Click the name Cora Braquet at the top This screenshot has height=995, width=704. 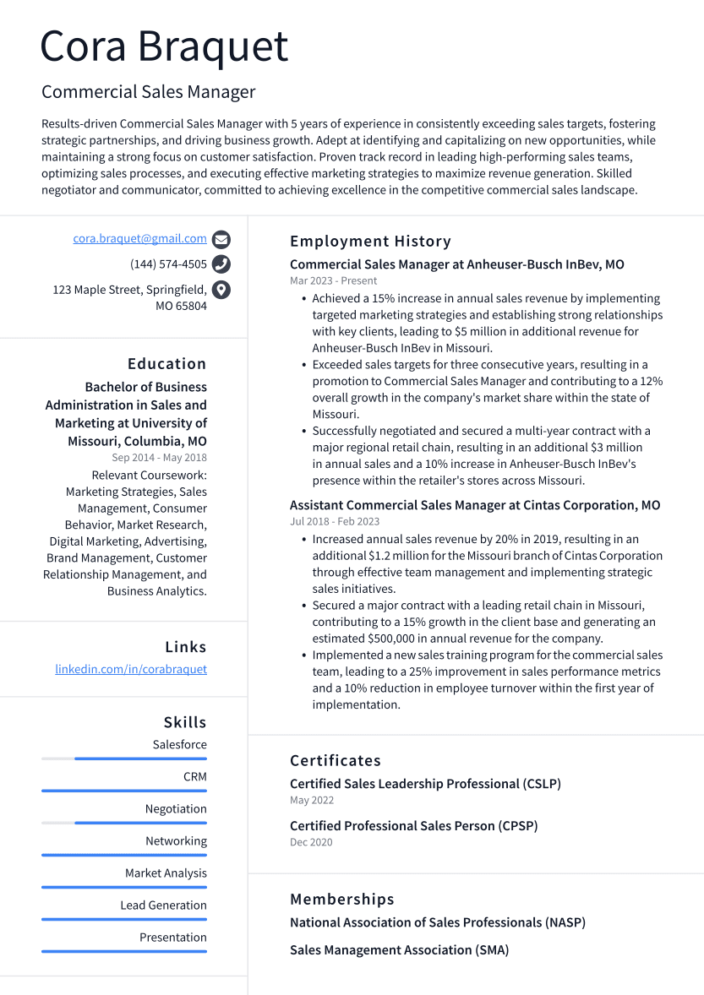[x=165, y=47]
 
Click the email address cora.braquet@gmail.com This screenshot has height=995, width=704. [x=139, y=239]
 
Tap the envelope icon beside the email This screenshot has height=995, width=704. [x=221, y=239]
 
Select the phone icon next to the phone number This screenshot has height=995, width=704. [x=221, y=264]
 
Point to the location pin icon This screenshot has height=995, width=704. [x=221, y=290]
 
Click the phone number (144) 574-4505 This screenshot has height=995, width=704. [x=168, y=264]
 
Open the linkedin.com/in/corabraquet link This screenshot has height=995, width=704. [x=131, y=669]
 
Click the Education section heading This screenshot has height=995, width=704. [x=166, y=364]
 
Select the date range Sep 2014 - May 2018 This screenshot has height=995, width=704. [x=159, y=458]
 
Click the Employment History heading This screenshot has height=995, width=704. [x=370, y=242]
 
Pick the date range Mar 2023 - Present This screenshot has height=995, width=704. [x=333, y=280]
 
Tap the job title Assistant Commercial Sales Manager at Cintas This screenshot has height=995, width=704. [x=475, y=505]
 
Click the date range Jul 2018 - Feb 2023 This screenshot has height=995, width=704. [x=335, y=522]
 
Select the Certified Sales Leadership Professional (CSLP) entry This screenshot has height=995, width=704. [x=425, y=784]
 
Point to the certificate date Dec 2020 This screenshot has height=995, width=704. [x=311, y=842]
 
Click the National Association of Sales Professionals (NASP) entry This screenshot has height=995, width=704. [x=437, y=922]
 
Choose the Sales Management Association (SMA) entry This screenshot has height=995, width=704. [x=399, y=950]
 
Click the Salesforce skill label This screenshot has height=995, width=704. [x=179, y=745]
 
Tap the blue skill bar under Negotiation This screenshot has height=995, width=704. [x=140, y=823]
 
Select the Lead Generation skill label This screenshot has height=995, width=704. [x=163, y=905]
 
